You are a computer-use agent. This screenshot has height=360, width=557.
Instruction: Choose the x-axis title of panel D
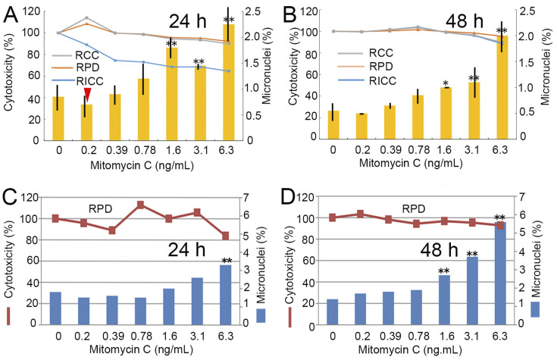pos(424,352)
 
